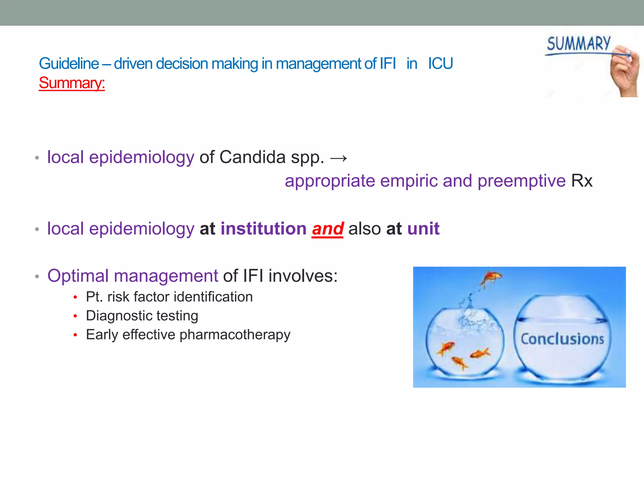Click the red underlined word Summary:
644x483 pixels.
tap(72, 83)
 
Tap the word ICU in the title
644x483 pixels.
tap(440, 64)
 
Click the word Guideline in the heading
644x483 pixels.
tap(69, 64)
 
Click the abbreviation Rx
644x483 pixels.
tap(581, 181)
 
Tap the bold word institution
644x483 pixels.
tap(263, 229)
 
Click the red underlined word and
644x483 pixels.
tap(327, 229)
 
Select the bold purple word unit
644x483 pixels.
tap(423, 229)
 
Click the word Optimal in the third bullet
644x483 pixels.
tap(78, 276)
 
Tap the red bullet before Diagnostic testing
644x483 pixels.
tap(75, 316)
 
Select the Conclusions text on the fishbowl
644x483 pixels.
tap(562, 339)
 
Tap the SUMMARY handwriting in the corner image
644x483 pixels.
tap(578, 44)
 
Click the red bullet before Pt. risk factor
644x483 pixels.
tap(75, 297)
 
